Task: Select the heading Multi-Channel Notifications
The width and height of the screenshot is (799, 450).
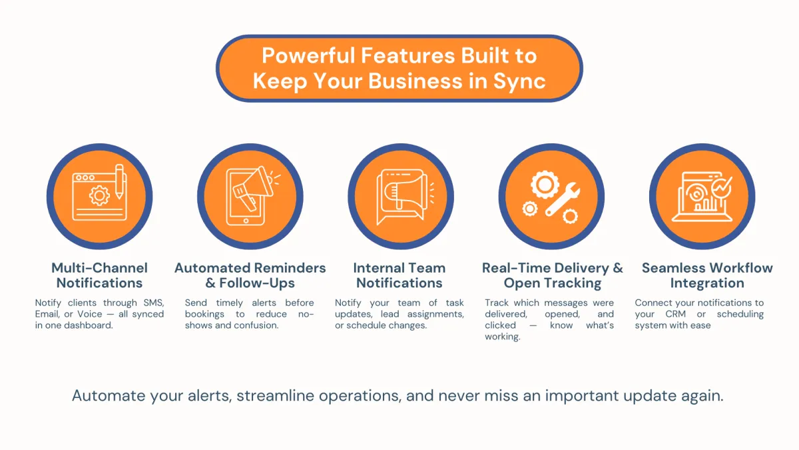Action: pos(99,275)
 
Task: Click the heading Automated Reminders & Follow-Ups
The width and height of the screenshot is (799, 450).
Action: pos(250,275)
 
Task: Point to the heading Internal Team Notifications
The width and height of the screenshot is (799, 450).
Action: pos(400,275)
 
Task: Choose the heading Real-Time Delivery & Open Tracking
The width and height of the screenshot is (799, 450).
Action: pos(553,275)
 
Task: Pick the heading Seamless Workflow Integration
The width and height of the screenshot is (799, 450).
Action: pos(707,275)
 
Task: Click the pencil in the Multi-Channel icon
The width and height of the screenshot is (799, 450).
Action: pos(119,182)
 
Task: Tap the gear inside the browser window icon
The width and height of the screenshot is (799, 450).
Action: pos(99,196)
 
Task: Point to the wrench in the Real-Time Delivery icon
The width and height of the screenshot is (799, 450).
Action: pos(563,199)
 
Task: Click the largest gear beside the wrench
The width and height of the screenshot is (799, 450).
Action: pos(545,185)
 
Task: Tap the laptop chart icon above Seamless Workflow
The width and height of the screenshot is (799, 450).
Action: pos(702,197)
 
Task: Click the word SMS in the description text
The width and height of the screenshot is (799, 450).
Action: pos(154,303)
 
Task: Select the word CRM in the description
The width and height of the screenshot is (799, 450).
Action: pos(676,314)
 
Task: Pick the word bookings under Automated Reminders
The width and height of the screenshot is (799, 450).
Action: pos(204,315)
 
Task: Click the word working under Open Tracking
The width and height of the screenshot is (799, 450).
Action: pos(503,337)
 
